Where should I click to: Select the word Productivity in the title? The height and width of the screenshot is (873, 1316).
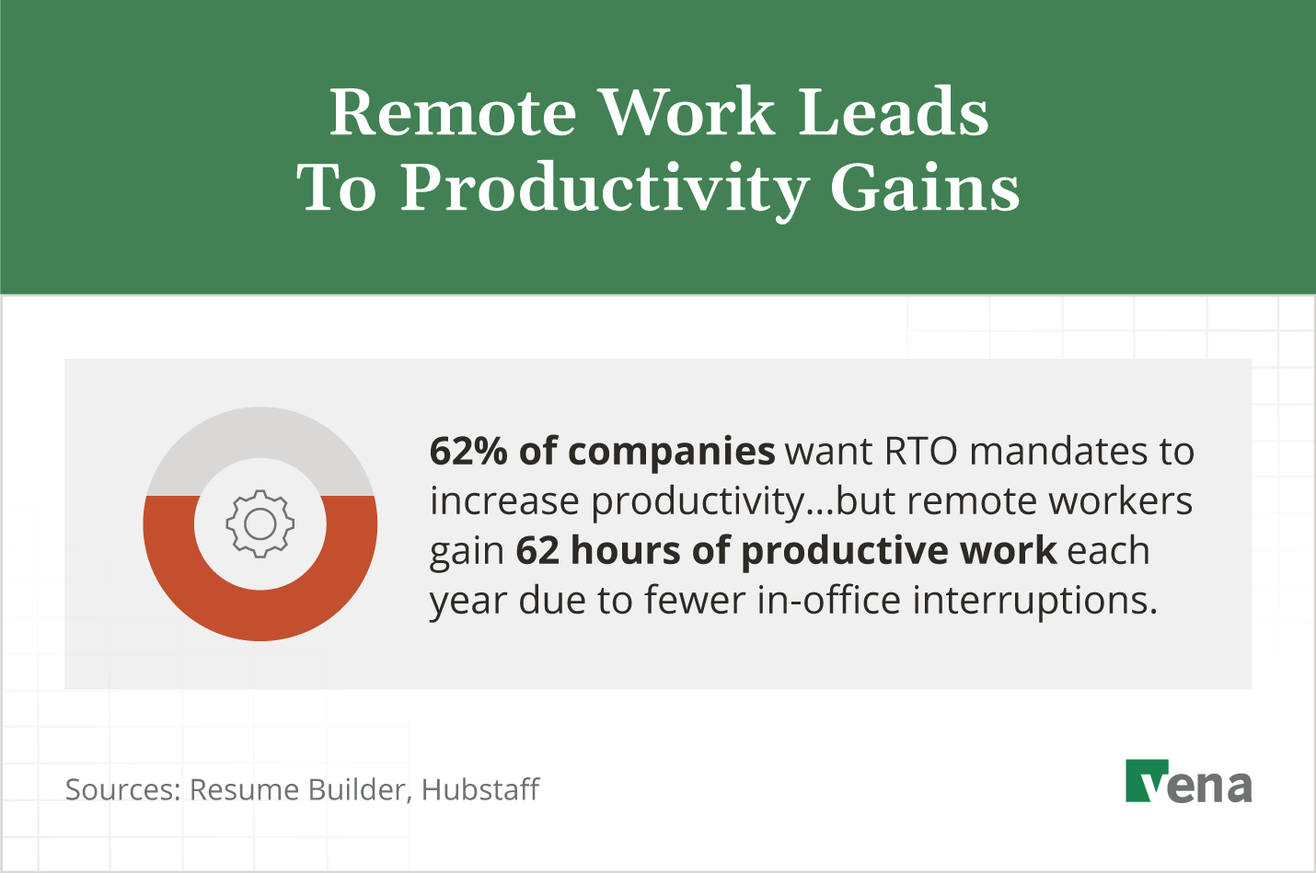pyautogui.click(x=604, y=189)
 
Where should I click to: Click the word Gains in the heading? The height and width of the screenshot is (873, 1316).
pyautogui.click(x=925, y=189)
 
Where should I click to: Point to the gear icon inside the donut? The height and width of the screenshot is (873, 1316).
pyautogui.click(x=260, y=523)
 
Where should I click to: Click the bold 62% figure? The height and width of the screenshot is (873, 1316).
pyautogui.click(x=468, y=451)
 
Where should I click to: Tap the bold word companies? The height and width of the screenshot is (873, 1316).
pyautogui.click(x=671, y=451)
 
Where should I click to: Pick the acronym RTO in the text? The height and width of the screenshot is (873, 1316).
pyautogui.click(x=921, y=451)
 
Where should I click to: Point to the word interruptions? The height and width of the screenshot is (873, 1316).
pyautogui.click(x=1034, y=600)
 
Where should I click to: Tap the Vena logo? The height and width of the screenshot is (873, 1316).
pyautogui.click(x=1188, y=782)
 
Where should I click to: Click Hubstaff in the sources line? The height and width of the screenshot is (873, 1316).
pyautogui.click(x=479, y=789)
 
